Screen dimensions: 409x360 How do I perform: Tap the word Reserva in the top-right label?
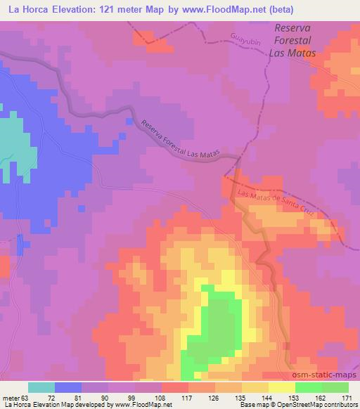[292, 29]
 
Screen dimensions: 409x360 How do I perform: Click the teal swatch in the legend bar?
[41, 387]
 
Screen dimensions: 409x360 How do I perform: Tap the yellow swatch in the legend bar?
[281, 387]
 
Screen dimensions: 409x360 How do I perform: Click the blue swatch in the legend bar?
[68, 387]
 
